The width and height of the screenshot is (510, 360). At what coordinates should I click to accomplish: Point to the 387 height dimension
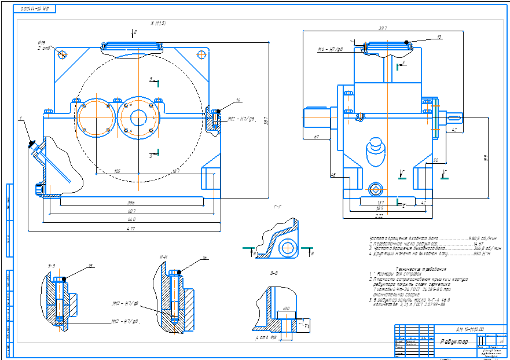click(x=266, y=121)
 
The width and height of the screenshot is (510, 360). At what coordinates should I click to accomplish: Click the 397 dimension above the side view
click(x=382, y=28)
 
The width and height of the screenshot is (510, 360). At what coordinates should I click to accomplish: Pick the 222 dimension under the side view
click(x=379, y=215)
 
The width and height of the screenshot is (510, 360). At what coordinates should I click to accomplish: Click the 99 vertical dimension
click(x=485, y=157)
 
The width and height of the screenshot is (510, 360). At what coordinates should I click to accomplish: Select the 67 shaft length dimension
click(x=317, y=137)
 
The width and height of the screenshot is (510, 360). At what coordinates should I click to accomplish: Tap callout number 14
click(x=238, y=100)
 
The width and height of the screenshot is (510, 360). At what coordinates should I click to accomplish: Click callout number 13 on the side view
click(x=439, y=37)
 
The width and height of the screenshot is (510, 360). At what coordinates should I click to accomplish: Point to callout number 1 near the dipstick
click(x=20, y=118)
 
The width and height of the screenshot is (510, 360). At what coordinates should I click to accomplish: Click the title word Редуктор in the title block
click(x=455, y=341)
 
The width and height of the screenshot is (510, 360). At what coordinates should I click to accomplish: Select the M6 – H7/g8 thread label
click(x=331, y=50)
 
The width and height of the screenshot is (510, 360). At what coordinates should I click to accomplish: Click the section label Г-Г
click(x=278, y=206)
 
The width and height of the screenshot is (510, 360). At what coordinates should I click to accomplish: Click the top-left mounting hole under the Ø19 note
click(x=63, y=54)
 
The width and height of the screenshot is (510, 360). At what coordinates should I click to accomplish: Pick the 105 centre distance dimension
click(x=117, y=171)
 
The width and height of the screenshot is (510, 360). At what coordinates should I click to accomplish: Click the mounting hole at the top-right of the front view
click(x=201, y=54)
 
